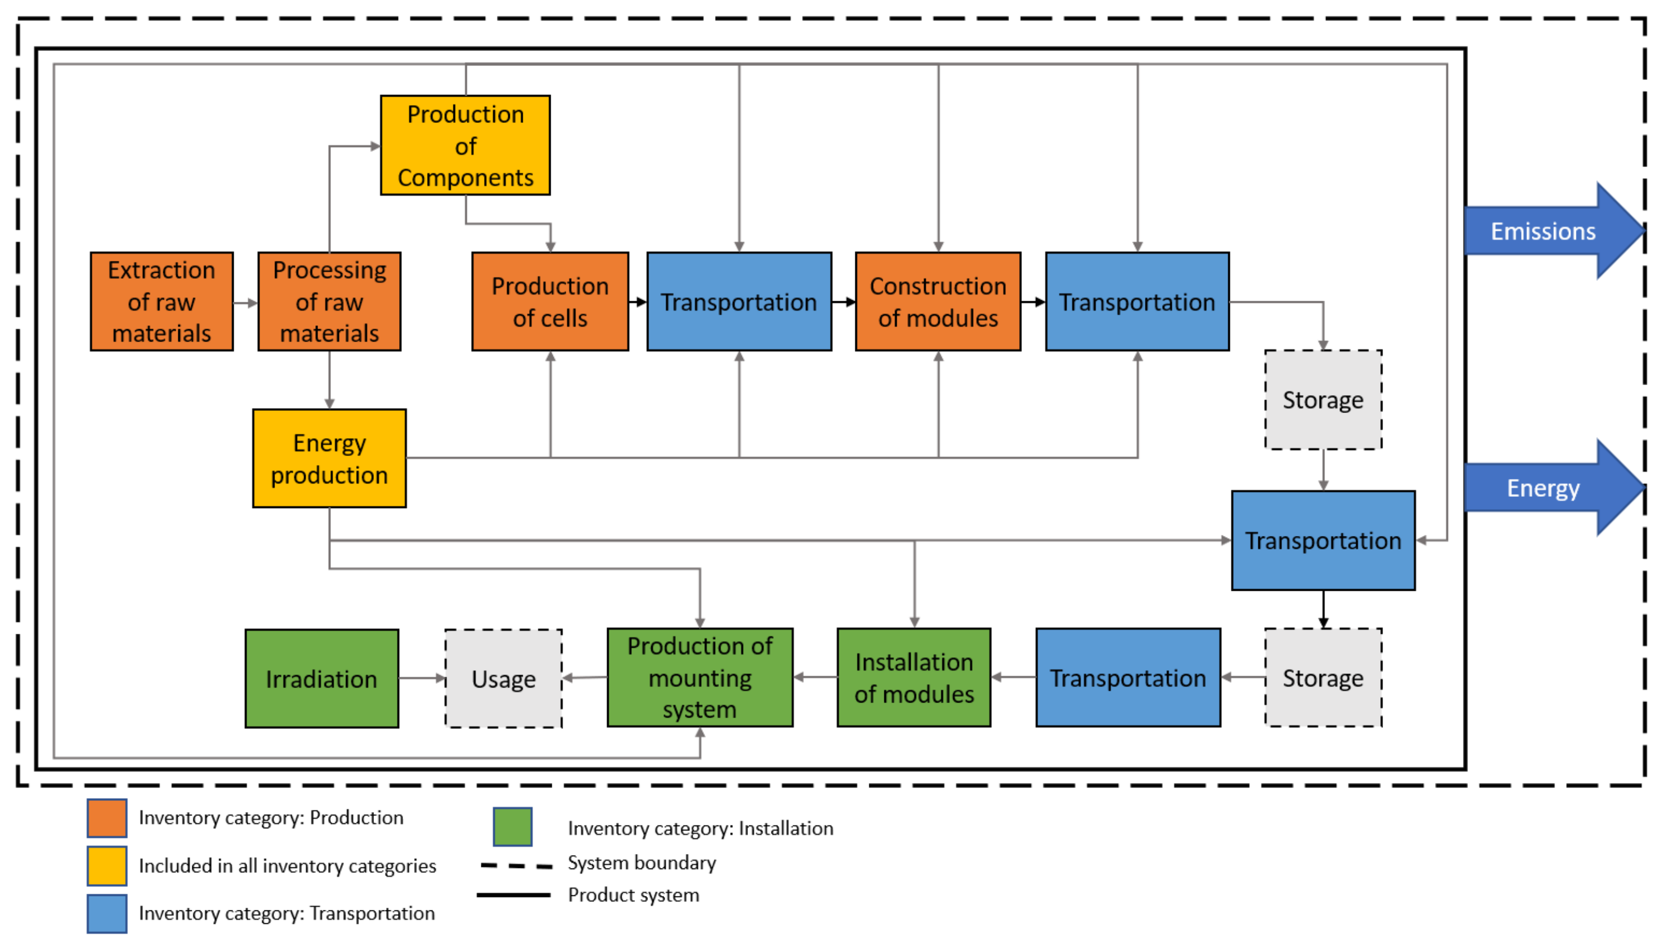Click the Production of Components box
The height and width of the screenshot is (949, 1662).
pyautogui.click(x=465, y=145)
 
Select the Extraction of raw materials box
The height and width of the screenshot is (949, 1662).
pyautogui.click(x=162, y=301)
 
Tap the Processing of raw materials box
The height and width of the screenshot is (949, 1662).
pyautogui.click(x=329, y=301)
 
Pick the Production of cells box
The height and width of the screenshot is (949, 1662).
pyautogui.click(x=550, y=301)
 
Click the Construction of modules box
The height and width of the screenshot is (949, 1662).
pyautogui.click(x=938, y=301)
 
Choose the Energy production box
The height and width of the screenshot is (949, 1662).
pyautogui.click(x=329, y=458)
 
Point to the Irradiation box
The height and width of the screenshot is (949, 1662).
pyautogui.click(x=321, y=678)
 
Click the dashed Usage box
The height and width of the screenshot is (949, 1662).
pyautogui.click(x=503, y=678)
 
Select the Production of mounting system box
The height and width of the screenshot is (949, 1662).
pyautogui.click(x=699, y=677)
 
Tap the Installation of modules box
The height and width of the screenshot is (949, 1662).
pyautogui.click(x=914, y=677)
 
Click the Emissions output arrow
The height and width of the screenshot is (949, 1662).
pyautogui.click(x=1555, y=231)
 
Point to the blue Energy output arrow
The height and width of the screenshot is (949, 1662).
pyautogui.click(x=1555, y=487)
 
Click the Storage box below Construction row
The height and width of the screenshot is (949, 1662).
pyautogui.click(x=1323, y=400)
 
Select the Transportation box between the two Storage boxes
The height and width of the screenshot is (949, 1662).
pyautogui.click(x=1323, y=540)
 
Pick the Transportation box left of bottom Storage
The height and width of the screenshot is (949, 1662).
pyautogui.click(x=1128, y=677)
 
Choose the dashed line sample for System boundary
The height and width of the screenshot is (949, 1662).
pyautogui.click(x=516, y=866)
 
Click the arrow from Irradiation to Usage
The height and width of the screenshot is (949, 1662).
pyautogui.click(x=422, y=678)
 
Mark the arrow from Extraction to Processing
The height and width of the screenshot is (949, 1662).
pyautogui.click(x=246, y=302)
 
